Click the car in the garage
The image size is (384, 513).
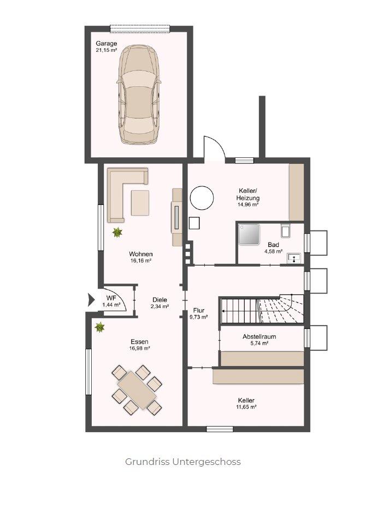(139, 95)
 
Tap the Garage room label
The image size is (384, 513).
(107, 43)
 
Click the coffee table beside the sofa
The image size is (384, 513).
(140, 203)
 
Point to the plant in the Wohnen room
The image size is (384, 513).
(117, 232)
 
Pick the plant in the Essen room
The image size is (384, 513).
(99, 327)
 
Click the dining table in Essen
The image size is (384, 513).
(137, 390)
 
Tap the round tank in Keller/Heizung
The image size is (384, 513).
(202, 198)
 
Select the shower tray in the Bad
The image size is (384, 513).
(249, 234)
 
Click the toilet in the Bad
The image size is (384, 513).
(285, 231)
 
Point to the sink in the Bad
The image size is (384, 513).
(294, 258)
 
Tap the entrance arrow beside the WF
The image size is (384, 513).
(91, 300)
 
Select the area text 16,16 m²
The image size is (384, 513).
(140, 261)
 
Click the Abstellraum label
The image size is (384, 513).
(259, 337)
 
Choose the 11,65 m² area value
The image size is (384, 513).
(246, 407)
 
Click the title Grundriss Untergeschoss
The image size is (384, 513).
(183, 462)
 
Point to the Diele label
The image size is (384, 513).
(159, 299)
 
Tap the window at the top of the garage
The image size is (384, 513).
(140, 29)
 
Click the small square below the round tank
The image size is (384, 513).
(194, 223)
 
